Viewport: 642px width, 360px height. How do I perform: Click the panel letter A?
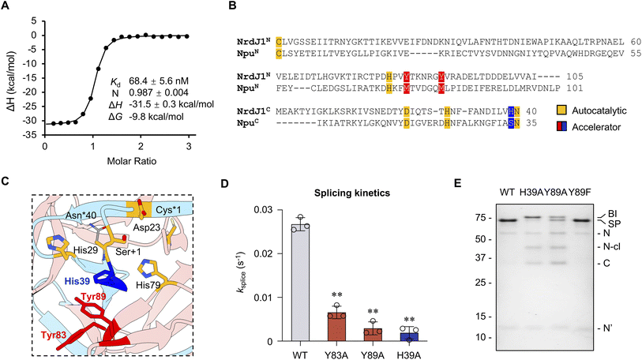6,6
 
